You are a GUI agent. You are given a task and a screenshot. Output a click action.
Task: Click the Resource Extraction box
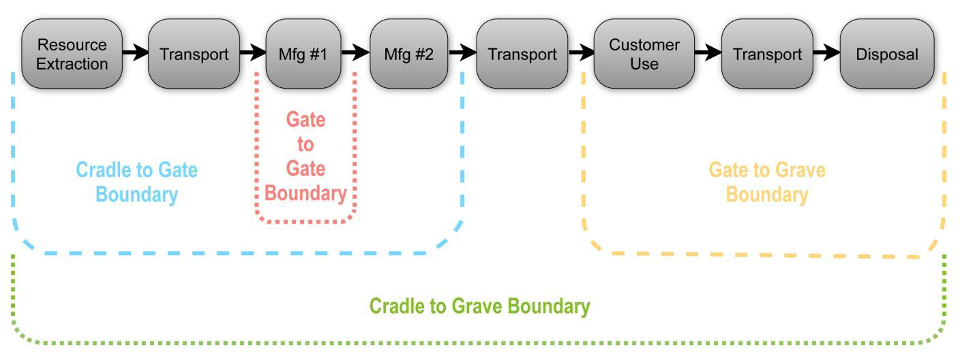[72, 54]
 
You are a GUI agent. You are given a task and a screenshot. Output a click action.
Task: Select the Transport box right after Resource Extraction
[194, 54]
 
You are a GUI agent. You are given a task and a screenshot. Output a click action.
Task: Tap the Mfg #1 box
[303, 54]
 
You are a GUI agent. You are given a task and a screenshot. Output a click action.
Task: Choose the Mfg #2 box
[408, 54]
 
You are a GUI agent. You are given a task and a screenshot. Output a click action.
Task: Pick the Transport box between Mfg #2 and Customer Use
[522, 54]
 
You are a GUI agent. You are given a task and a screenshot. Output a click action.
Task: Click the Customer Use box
[644, 54]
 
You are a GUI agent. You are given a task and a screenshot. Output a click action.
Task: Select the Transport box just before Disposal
[767, 54]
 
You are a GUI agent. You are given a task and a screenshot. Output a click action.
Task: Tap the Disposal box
[886, 54]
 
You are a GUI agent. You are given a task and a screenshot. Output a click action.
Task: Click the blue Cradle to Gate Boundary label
[136, 182]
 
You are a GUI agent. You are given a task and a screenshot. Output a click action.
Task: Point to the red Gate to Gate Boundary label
[305, 157]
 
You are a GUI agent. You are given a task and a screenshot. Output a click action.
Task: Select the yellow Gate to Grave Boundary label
[766, 182]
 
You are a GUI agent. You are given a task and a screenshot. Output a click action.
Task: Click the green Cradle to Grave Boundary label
[479, 307]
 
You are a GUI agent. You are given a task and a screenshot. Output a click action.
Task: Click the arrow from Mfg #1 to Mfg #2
[355, 52]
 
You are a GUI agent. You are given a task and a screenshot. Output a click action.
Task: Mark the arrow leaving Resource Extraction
[135, 52]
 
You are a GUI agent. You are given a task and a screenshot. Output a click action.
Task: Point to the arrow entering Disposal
[826, 52]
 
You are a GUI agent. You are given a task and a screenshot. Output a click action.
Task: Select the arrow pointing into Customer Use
[581, 52]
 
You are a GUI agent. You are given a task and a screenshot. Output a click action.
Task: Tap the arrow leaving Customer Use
[708, 52]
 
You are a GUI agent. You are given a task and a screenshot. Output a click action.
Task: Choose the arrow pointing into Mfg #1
[252, 52]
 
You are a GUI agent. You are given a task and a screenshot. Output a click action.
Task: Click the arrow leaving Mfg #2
[462, 52]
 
